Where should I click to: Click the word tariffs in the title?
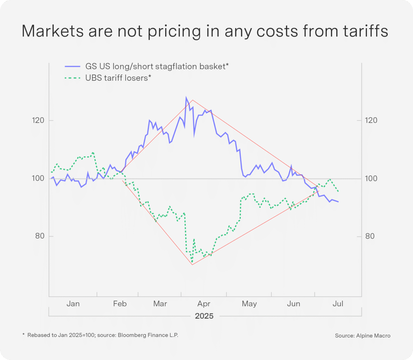(365, 31)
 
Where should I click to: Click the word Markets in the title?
(53, 31)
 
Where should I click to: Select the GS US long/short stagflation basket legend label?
(157, 66)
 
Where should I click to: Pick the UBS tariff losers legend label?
(118, 78)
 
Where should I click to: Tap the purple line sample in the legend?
(73, 67)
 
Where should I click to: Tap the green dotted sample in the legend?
(73, 78)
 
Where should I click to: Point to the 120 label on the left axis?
(38, 120)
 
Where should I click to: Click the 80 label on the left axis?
(40, 236)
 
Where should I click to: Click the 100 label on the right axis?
(371, 178)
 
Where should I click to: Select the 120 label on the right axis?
(371, 120)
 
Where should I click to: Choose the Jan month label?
(73, 304)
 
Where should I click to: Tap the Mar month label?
(160, 304)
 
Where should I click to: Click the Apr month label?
(204, 304)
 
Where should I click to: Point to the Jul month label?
(338, 304)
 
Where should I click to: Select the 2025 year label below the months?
(204, 316)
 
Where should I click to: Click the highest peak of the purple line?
(186, 97)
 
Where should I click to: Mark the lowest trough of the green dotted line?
(192, 262)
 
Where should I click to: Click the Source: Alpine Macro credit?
(362, 336)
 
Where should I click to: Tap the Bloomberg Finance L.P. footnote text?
(148, 335)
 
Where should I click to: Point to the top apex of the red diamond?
(193, 100)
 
